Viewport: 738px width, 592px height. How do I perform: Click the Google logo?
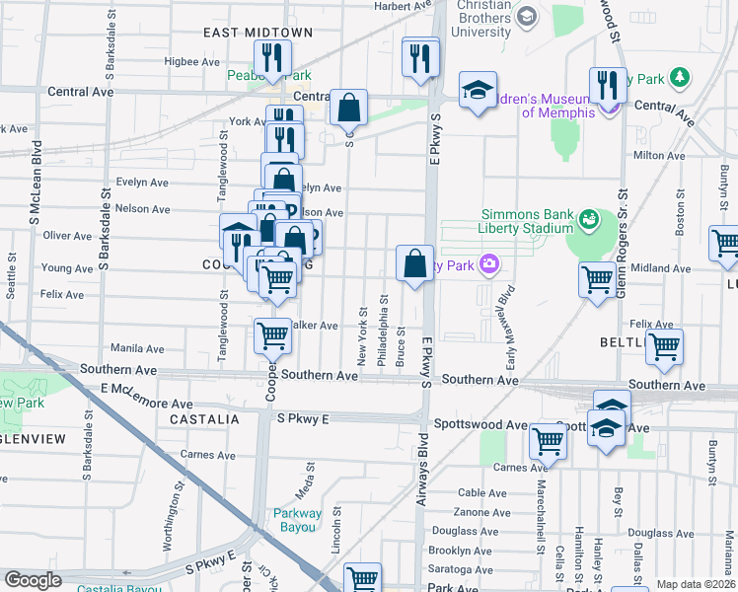coord(33,580)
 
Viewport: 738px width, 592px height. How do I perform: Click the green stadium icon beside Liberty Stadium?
coord(590,217)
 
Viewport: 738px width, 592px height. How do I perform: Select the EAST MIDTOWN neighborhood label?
coord(258,33)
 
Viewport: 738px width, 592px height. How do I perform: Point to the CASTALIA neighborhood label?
coord(204,419)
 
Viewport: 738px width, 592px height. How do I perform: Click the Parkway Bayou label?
coord(297,519)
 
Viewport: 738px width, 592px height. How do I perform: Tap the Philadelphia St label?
coord(383,336)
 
